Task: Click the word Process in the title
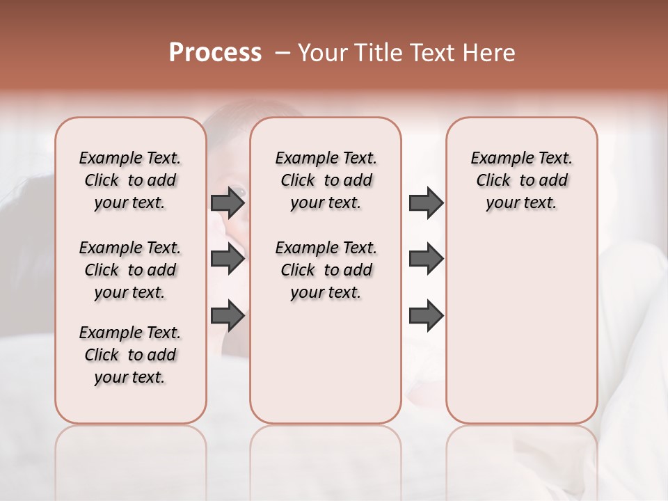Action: pyautogui.click(x=215, y=53)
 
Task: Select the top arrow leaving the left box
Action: pyautogui.click(x=228, y=202)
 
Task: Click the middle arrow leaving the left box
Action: pyautogui.click(x=228, y=259)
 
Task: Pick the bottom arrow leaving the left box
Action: pyautogui.click(x=228, y=315)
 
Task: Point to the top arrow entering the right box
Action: pyautogui.click(x=426, y=202)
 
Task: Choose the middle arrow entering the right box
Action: pyautogui.click(x=426, y=259)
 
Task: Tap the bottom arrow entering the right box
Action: pyautogui.click(x=426, y=315)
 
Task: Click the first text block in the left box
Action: pyautogui.click(x=130, y=180)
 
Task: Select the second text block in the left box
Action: pyautogui.click(x=130, y=270)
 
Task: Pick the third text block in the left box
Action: pyautogui.click(x=130, y=355)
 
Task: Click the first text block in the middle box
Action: pyautogui.click(x=326, y=180)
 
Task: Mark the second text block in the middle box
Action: pyautogui.click(x=326, y=270)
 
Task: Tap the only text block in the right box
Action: pyautogui.click(x=521, y=180)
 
